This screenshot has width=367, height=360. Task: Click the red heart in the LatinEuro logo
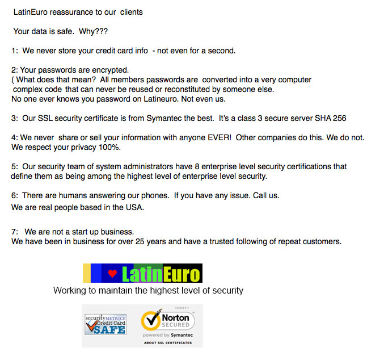112,274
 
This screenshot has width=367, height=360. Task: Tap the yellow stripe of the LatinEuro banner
87,274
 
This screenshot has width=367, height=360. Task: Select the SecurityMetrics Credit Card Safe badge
105,325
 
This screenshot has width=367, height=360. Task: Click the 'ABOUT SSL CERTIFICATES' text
167,342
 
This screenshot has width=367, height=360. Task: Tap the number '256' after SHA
339,118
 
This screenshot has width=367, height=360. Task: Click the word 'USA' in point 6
134,207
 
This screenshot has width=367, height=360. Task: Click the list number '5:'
15,167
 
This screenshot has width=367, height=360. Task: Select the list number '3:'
15,118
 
